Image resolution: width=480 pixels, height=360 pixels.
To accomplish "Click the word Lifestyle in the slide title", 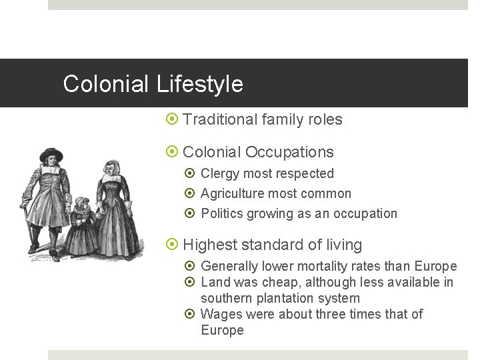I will pyautogui.click(x=200, y=84).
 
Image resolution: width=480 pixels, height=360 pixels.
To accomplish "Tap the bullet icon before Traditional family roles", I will pyautogui.click(x=172, y=120).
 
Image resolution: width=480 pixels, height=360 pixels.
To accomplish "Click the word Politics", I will pyautogui.click(x=221, y=213).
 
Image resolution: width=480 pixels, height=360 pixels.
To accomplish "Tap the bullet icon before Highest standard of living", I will pyautogui.click(x=172, y=245).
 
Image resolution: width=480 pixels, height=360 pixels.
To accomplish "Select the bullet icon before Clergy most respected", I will pyautogui.click(x=189, y=173).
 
